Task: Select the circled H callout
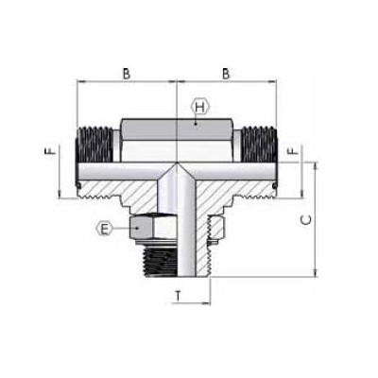tap(198, 107)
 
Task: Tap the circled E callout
tap(106, 227)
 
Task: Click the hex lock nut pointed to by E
tap(151, 227)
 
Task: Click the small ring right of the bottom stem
tap(216, 228)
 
